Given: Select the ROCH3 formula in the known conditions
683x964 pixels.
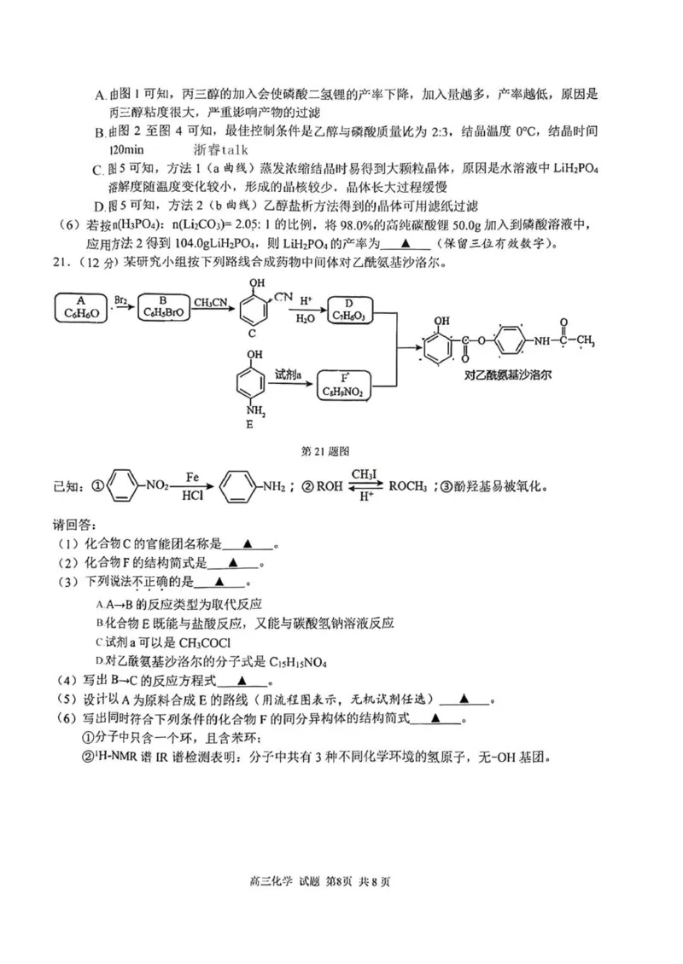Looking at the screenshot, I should coord(412,487).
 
